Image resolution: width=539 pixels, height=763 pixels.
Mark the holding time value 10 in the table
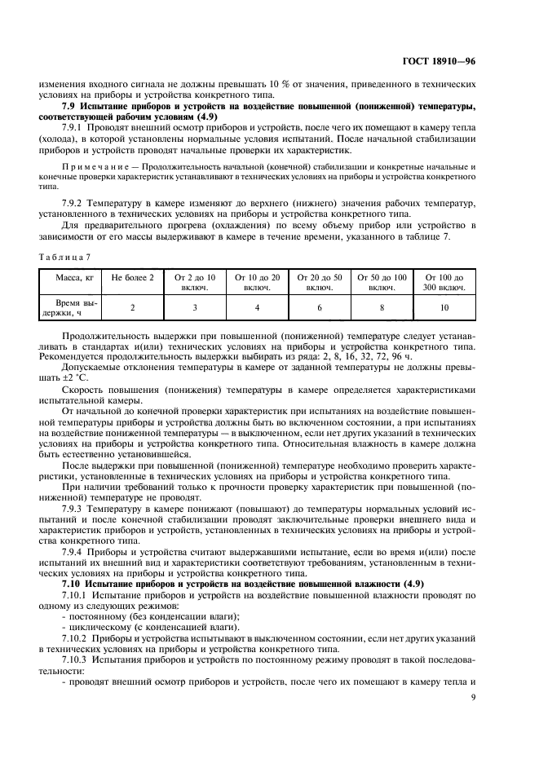click(x=444, y=307)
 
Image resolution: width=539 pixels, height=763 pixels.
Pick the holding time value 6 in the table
click(x=320, y=307)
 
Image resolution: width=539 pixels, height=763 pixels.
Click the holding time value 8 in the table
click(x=382, y=307)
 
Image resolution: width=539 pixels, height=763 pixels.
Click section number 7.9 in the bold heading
click(x=70, y=105)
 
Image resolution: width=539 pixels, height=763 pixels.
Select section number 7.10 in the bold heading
click(x=73, y=584)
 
